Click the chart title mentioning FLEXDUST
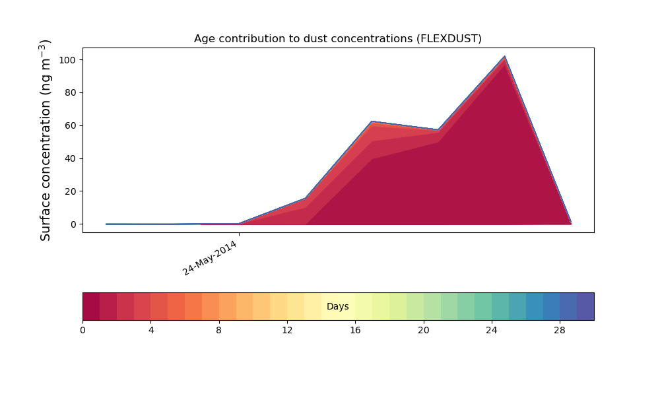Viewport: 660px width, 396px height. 337,39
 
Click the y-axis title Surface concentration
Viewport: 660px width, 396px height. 45,140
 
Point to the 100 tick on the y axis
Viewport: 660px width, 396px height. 67,60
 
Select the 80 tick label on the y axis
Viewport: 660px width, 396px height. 71,93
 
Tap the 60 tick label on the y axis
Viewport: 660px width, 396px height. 71,126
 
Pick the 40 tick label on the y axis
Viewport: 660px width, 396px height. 71,158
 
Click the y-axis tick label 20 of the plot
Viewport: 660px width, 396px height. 71,191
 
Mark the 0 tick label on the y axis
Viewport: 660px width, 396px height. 74,224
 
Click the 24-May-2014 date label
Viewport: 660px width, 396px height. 210,258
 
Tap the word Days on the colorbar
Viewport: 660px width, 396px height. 337,306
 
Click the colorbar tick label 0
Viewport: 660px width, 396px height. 82,331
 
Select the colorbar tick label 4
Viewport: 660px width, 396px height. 150,331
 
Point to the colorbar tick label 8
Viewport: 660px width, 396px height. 219,331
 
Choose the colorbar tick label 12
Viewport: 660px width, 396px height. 287,331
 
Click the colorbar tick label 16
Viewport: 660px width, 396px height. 355,331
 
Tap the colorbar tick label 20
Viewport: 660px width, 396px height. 424,331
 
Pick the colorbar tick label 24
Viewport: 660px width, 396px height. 492,331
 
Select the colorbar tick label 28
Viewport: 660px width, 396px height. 560,331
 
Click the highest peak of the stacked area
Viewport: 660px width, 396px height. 504,56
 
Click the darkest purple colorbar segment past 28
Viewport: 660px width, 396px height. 585,306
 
